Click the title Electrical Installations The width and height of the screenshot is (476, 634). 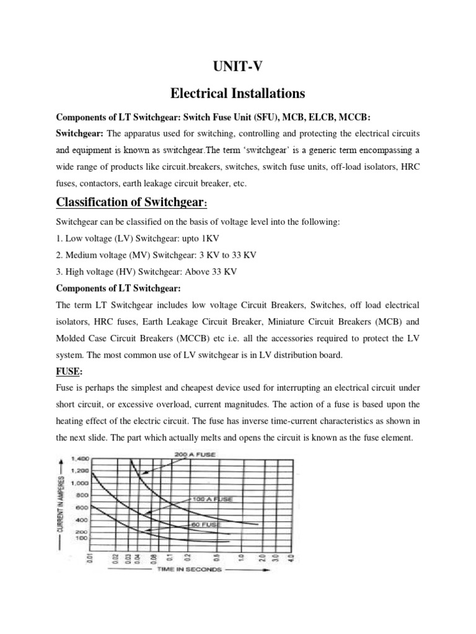pos(237,93)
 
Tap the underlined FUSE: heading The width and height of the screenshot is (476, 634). pos(71,373)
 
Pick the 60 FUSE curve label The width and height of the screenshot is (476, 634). pos(205,524)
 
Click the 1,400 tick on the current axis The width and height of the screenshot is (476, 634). pos(81,459)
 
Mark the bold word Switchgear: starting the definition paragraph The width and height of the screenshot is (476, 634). pos(81,133)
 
